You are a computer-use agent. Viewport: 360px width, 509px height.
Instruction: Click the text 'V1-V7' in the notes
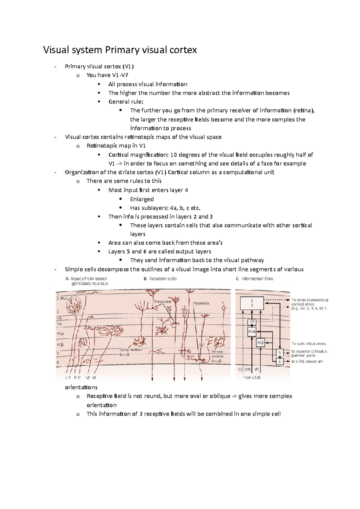[x=120, y=75]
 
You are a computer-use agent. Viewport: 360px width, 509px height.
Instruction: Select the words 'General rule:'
[x=126, y=102]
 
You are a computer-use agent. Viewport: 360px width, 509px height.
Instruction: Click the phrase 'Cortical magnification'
[x=138, y=155]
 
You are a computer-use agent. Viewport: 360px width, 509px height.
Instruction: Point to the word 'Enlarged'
[x=142, y=199]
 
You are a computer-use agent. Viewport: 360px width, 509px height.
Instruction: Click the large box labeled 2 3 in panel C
[x=252, y=303]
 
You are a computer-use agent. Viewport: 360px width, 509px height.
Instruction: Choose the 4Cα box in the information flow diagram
[x=251, y=332]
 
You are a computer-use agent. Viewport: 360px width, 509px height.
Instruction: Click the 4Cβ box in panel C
[x=260, y=342]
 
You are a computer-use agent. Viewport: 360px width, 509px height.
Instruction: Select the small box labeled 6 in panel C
[x=280, y=362]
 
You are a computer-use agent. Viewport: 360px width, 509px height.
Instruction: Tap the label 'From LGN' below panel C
[x=251, y=377]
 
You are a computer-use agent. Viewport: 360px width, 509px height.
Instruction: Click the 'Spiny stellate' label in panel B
[x=130, y=350]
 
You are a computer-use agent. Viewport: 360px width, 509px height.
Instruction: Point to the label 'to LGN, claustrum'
[x=307, y=362]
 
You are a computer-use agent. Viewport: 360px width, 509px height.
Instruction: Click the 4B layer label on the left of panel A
[x=59, y=324]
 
